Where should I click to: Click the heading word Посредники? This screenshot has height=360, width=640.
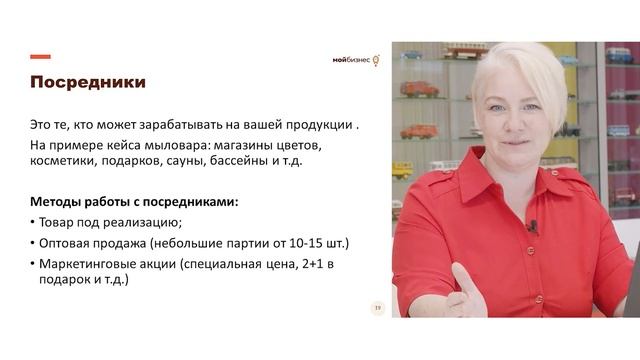coord(87,82)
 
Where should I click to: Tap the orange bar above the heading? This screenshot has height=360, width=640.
coord(40,57)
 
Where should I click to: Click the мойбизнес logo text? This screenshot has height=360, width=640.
coord(351,60)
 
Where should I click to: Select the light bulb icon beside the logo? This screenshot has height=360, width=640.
coord(376,60)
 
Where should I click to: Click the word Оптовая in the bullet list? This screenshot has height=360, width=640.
coord(67,243)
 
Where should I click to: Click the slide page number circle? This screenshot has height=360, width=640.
coord(378,308)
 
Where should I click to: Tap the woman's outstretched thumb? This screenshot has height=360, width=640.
coord(461,277)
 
